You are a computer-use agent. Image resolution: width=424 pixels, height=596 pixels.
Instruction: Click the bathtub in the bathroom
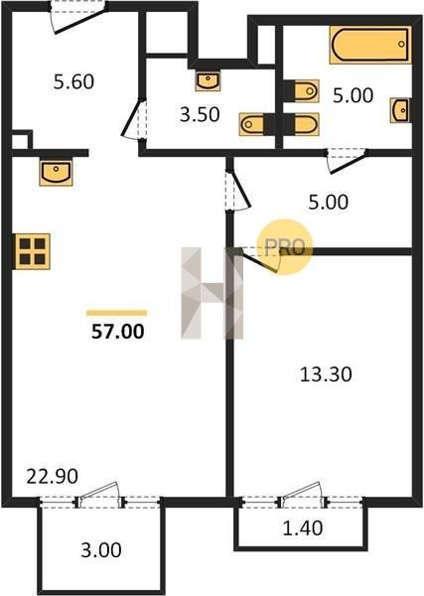(x=370, y=45)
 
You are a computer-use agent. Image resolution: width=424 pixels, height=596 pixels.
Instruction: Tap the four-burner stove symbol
(x=33, y=251)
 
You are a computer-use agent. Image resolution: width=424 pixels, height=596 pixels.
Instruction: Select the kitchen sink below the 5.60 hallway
(x=56, y=173)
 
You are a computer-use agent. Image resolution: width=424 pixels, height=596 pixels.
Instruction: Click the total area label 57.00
(x=118, y=332)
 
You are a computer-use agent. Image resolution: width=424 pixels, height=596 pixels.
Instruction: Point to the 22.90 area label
(x=52, y=476)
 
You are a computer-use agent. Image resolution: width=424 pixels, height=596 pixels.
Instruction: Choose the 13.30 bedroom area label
(x=326, y=374)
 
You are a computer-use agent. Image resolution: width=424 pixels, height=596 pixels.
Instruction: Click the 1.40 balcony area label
(x=303, y=528)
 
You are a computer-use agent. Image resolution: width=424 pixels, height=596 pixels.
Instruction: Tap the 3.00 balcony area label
(x=101, y=550)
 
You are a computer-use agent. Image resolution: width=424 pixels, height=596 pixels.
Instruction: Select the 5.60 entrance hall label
(x=73, y=81)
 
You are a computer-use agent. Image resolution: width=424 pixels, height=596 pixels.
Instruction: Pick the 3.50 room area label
(x=200, y=114)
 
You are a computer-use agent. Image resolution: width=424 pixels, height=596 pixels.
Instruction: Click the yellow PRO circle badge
(x=284, y=246)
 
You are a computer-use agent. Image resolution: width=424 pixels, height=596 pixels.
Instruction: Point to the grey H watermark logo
(x=212, y=293)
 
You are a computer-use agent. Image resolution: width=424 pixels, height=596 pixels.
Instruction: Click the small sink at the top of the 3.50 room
(x=208, y=80)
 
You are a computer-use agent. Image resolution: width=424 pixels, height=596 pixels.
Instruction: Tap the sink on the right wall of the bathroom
(x=400, y=110)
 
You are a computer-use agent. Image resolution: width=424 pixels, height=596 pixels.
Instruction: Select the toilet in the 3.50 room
(x=252, y=124)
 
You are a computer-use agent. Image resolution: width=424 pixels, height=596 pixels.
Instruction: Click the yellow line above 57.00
(x=117, y=313)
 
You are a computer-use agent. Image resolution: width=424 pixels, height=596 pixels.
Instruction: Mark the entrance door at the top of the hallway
(x=79, y=19)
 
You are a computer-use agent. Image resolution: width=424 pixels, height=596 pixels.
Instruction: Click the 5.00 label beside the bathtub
(x=353, y=95)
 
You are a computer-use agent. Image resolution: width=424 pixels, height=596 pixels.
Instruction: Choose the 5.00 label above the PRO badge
(x=329, y=203)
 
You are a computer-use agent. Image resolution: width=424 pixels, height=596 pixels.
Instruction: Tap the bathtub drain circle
(x=401, y=44)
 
